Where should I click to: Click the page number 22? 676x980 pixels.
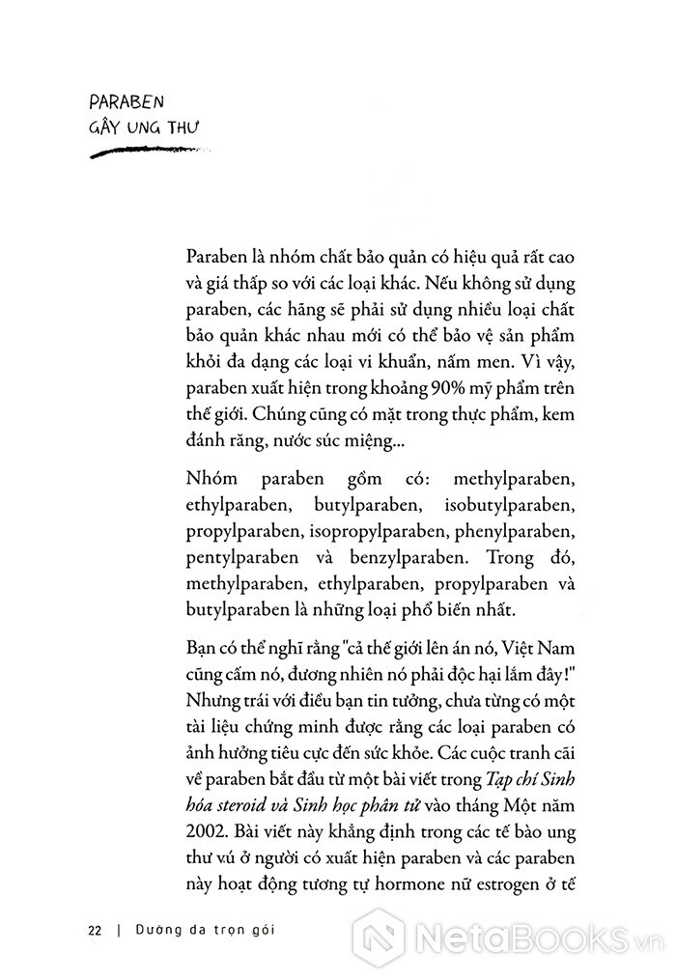95,931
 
